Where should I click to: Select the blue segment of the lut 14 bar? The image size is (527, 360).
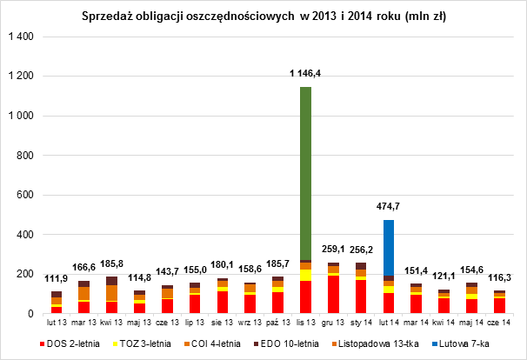(x=389, y=248)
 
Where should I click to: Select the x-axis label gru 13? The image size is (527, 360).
(x=333, y=323)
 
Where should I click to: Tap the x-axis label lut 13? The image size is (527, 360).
(x=57, y=323)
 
